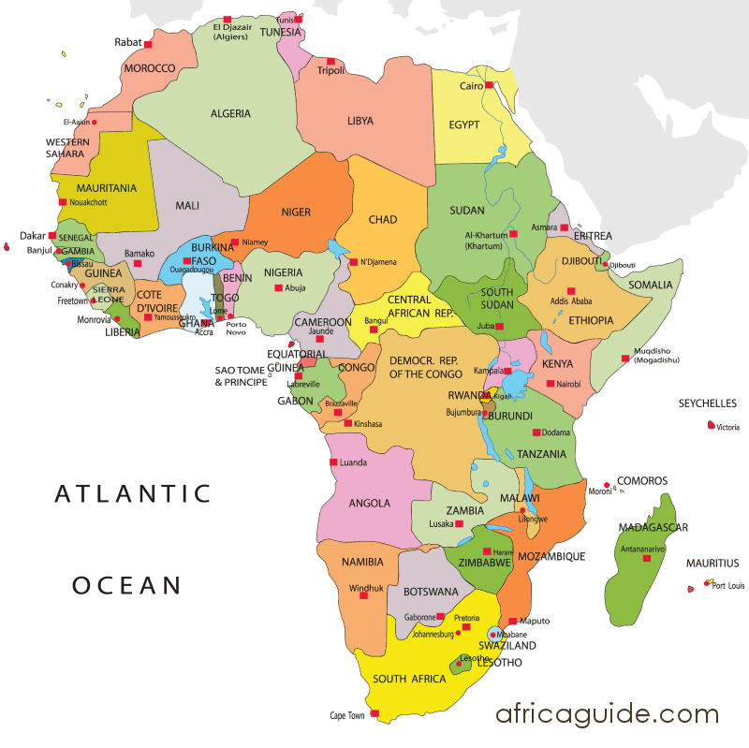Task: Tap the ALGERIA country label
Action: click(x=230, y=113)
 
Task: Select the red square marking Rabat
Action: click(x=148, y=43)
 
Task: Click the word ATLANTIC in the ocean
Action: click(x=133, y=493)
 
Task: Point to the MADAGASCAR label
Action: click(x=653, y=528)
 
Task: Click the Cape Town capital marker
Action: click(x=374, y=714)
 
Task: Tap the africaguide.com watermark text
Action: click(x=608, y=714)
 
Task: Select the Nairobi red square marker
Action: click(x=551, y=383)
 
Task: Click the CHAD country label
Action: click(x=382, y=220)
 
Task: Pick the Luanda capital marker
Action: click(x=332, y=462)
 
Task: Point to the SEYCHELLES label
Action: click(x=707, y=404)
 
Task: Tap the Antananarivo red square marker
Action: click(x=646, y=559)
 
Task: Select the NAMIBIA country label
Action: click(x=363, y=563)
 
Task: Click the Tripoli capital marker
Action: click(x=330, y=62)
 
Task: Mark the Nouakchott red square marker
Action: click(x=63, y=201)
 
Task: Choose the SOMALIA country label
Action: click(x=650, y=285)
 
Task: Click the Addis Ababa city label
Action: click(x=571, y=301)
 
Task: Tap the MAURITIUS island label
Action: click(x=712, y=564)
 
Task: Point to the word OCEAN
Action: click(x=126, y=586)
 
